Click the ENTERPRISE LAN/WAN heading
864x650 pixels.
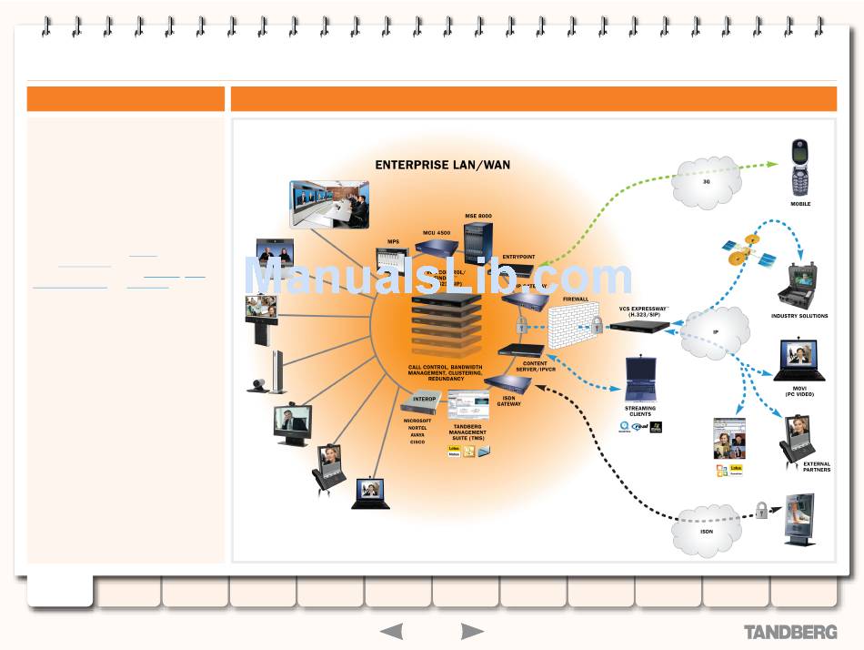443,166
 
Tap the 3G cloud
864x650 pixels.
707,181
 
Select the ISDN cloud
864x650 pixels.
707,529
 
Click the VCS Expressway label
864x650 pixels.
644,310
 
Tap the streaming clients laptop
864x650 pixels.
640,380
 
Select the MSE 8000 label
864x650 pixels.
478,215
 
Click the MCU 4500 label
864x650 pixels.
437,232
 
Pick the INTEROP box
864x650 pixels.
426,400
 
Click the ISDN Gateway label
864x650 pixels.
508,401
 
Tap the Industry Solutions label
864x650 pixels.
799,316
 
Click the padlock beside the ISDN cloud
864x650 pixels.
761,511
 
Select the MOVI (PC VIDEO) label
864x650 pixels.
799,391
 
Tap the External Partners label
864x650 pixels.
816,467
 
